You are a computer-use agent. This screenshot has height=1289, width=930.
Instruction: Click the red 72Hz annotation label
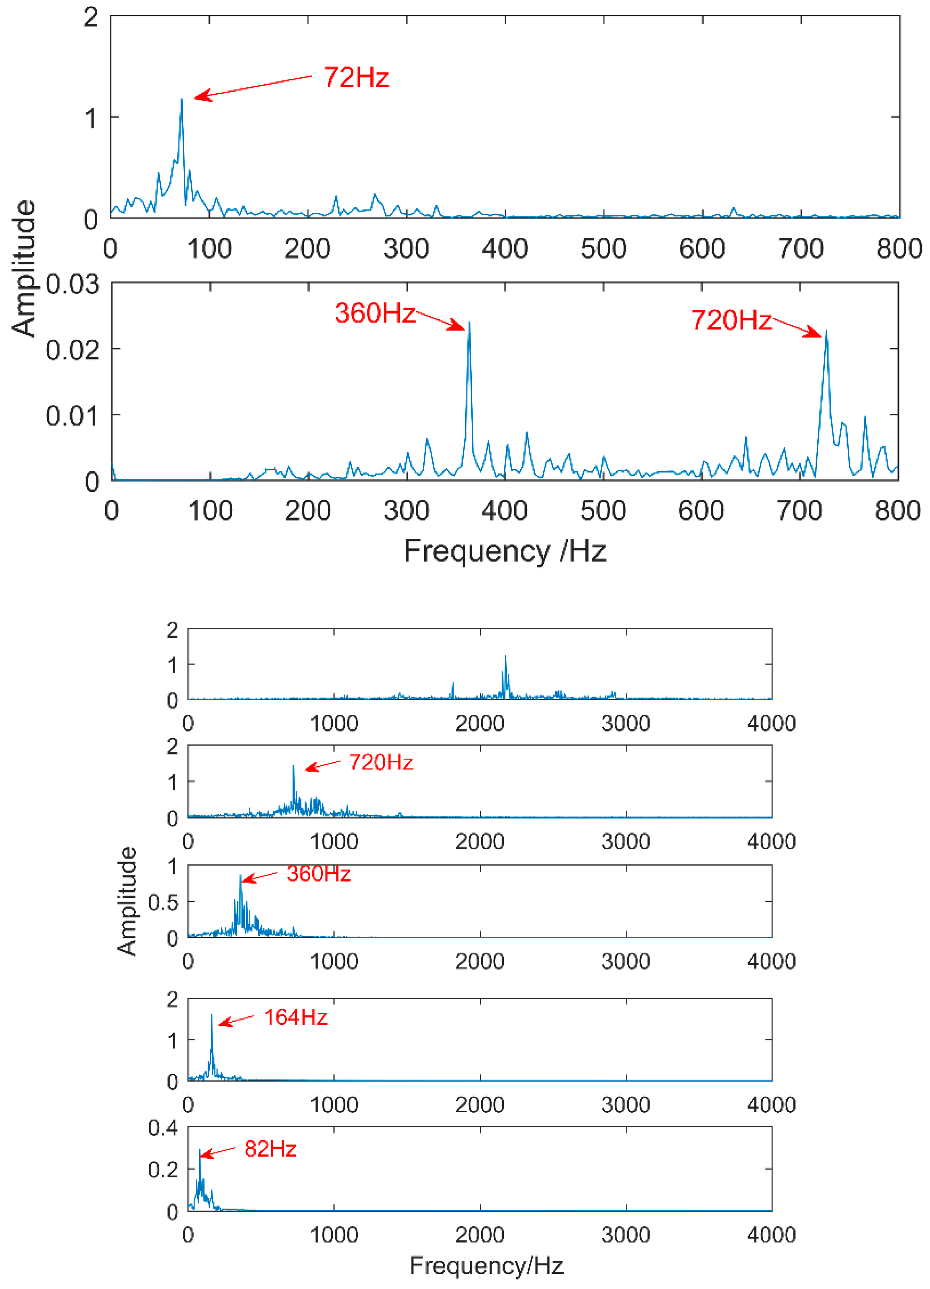(356, 77)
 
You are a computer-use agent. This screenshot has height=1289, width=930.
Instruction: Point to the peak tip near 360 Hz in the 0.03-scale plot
(469, 323)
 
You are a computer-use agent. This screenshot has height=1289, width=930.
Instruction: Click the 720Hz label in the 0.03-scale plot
(731, 320)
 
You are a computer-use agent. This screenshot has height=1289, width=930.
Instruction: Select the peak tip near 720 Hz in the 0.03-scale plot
(826, 331)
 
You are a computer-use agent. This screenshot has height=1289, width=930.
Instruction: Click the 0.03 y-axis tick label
(72, 284)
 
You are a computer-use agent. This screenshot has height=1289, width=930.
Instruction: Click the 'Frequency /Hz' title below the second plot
(505, 551)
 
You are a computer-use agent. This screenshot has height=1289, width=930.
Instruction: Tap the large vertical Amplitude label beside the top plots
(24, 268)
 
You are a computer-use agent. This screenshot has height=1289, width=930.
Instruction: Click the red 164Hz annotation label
(295, 1017)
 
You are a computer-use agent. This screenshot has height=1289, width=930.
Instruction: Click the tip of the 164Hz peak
(212, 1015)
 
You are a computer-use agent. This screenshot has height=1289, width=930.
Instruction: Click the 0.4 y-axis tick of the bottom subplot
(163, 1128)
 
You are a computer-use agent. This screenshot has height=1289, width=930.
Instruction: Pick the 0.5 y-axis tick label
(163, 902)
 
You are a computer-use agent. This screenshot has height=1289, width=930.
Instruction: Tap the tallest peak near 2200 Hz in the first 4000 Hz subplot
(505, 656)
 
